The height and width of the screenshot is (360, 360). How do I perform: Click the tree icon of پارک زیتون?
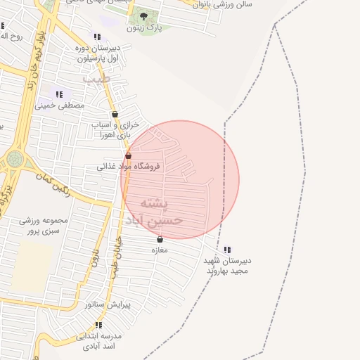(x=144, y=16)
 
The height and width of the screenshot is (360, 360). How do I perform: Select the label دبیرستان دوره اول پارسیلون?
(x=98, y=53)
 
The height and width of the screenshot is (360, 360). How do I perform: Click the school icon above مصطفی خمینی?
(x=59, y=94)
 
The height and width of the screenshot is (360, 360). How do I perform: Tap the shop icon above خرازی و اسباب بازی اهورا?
(x=115, y=114)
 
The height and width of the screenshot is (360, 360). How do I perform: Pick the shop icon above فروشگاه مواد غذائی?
(x=128, y=155)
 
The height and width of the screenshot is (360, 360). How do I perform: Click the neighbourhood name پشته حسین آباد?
(x=154, y=211)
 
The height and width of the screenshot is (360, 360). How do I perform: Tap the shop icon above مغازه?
(x=160, y=240)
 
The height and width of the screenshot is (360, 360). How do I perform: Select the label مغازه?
(x=160, y=250)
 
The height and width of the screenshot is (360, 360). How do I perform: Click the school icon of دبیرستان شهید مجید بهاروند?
(x=226, y=249)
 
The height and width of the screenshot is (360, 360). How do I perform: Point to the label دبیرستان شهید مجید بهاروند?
(x=227, y=265)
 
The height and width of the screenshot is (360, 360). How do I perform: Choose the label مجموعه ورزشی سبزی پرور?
(x=45, y=225)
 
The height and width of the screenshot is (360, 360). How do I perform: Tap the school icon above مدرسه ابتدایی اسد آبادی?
(x=98, y=325)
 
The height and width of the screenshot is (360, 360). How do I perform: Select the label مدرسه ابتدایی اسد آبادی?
(x=99, y=341)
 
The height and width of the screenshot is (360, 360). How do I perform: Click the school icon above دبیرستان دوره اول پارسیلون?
(x=97, y=37)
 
